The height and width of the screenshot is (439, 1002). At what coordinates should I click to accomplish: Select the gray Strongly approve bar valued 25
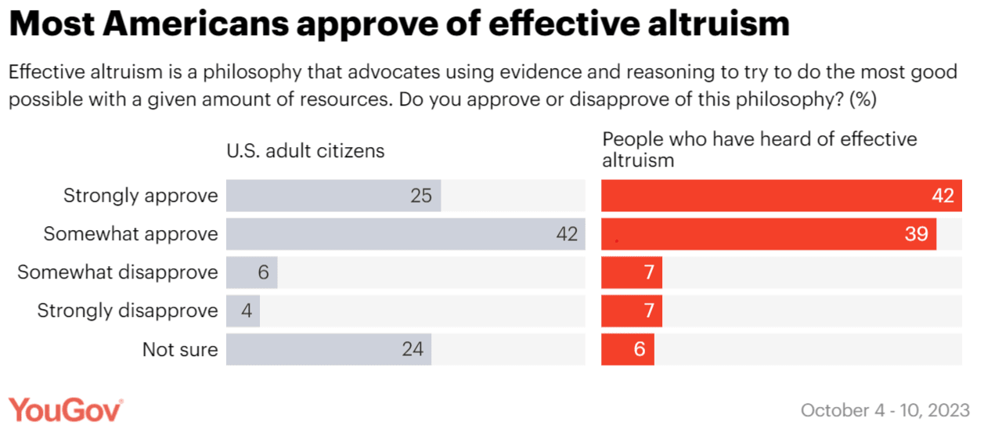333,196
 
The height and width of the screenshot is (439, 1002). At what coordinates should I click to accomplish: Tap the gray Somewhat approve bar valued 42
405,234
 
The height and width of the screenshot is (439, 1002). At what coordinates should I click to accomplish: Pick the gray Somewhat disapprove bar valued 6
251,272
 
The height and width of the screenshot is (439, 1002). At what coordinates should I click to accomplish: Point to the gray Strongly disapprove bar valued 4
243,311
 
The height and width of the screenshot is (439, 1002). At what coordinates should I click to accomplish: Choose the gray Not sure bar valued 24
329,349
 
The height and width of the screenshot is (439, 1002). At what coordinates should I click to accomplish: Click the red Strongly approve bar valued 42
781,196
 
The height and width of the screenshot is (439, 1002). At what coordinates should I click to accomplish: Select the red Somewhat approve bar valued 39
769,234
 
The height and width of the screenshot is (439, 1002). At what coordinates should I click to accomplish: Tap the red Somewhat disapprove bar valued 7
632,272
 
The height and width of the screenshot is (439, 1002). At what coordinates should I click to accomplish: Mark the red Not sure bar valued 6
628,349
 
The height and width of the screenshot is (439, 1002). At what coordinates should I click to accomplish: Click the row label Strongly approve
141,196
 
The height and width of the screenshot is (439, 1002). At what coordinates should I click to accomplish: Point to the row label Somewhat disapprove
117,272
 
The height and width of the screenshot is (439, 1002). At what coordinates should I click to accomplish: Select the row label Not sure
180,349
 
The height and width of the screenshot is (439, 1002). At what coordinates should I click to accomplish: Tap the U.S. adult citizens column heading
305,150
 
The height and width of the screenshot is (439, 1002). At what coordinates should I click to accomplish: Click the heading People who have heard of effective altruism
759,149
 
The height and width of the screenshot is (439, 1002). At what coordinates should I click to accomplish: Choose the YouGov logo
67,410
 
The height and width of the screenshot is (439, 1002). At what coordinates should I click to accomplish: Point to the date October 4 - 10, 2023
885,410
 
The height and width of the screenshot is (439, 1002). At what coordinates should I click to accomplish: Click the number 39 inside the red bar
916,234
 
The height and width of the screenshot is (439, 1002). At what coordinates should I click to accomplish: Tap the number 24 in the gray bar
413,349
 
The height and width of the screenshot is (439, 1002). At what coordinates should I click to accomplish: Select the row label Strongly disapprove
128,311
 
